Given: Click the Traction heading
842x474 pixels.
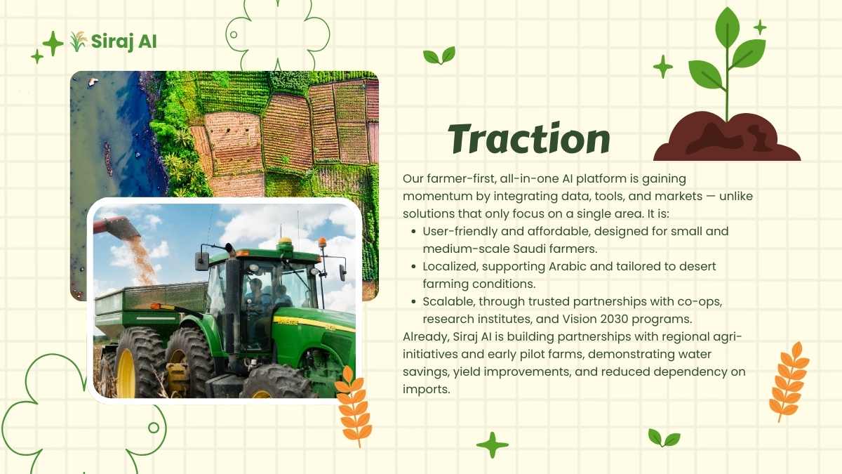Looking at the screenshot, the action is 529,138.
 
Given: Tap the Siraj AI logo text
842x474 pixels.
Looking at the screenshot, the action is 123,41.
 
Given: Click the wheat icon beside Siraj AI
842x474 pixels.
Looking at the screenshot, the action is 78,41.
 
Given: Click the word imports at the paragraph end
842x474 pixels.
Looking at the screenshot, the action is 427,389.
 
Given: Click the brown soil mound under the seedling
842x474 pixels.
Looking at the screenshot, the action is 727,137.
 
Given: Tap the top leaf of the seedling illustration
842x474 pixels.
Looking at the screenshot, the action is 728,27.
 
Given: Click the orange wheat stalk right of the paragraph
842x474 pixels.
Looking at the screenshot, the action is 789,381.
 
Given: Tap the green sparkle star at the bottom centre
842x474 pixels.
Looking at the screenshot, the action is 492,445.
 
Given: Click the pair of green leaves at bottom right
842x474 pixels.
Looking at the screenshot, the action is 664,438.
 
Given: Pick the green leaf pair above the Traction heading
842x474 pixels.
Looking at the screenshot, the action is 439,55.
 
